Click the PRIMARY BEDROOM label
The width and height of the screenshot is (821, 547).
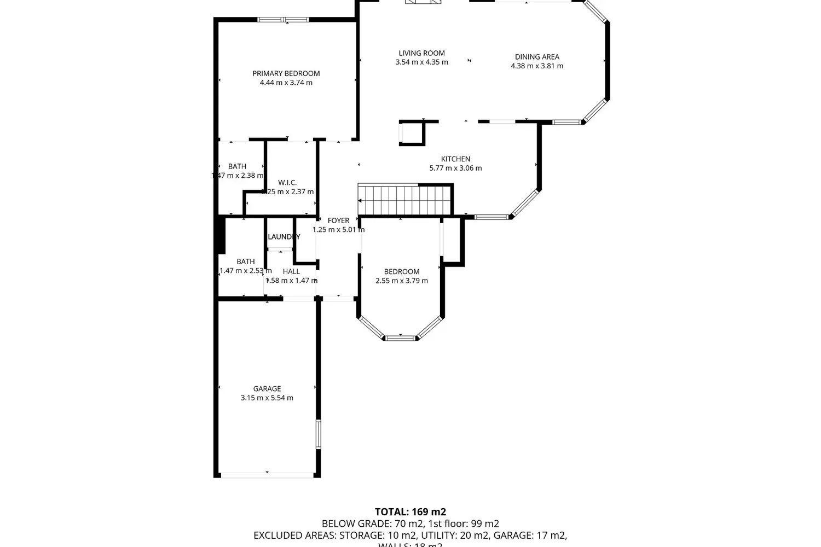pos(286,73)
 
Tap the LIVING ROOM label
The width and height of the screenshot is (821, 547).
pos(421,53)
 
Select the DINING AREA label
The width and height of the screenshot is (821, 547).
pos(536,57)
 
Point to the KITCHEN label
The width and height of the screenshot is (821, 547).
pos(455,159)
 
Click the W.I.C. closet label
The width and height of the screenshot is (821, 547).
pos(287,183)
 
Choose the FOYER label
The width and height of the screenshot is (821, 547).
pos(338,221)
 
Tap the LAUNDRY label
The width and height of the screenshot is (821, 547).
pos(284,237)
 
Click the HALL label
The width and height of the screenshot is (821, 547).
pos(291,271)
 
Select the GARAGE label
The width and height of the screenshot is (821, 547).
pos(267,389)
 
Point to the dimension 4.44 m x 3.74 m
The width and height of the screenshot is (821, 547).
pos(286,83)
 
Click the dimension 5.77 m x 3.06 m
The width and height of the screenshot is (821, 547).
pos(455,168)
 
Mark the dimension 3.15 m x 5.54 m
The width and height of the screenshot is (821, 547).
pos(267,398)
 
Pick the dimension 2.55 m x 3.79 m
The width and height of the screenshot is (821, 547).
pos(402,281)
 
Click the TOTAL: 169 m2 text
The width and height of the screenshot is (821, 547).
pos(410,512)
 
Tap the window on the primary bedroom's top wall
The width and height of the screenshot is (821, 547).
pos(284,20)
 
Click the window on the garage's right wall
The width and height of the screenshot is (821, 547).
pos(318,434)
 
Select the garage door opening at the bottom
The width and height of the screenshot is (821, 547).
pos(267,475)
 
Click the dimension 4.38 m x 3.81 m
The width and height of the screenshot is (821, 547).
pos(536,66)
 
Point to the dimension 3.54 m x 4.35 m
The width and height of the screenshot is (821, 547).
pos(421,62)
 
